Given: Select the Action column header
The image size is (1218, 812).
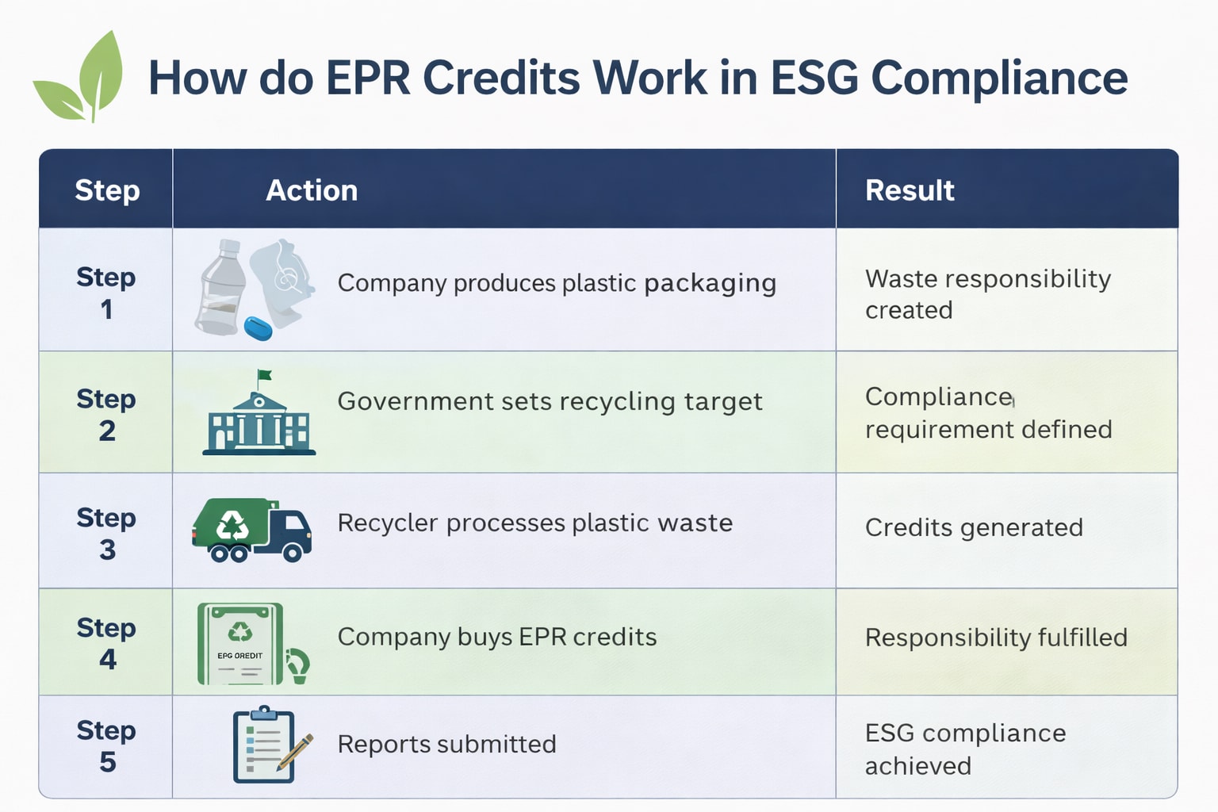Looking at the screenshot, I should (x=312, y=190).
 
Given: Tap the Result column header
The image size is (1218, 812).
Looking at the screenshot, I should (x=909, y=190).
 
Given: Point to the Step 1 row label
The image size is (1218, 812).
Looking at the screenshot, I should (x=106, y=293).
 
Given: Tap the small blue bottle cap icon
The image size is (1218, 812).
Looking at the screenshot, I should (x=258, y=327).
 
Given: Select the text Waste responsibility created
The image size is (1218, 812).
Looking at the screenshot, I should (x=987, y=294).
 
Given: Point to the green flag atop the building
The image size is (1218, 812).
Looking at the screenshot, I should (x=264, y=375).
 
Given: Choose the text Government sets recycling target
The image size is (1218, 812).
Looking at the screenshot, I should (x=550, y=402).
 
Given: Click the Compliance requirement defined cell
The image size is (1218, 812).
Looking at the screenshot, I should (x=987, y=413).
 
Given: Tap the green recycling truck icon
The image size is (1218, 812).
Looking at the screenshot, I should (x=251, y=530).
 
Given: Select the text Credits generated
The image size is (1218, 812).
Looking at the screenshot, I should (x=973, y=528).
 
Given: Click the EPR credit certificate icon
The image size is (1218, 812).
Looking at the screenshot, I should (x=240, y=644).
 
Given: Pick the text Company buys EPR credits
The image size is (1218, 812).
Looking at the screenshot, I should (x=497, y=638).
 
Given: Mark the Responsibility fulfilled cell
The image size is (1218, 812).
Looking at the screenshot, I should (x=995, y=638).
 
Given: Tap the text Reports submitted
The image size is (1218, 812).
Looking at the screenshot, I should (x=446, y=745).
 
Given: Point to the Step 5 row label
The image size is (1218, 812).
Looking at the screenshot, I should (x=106, y=746).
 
